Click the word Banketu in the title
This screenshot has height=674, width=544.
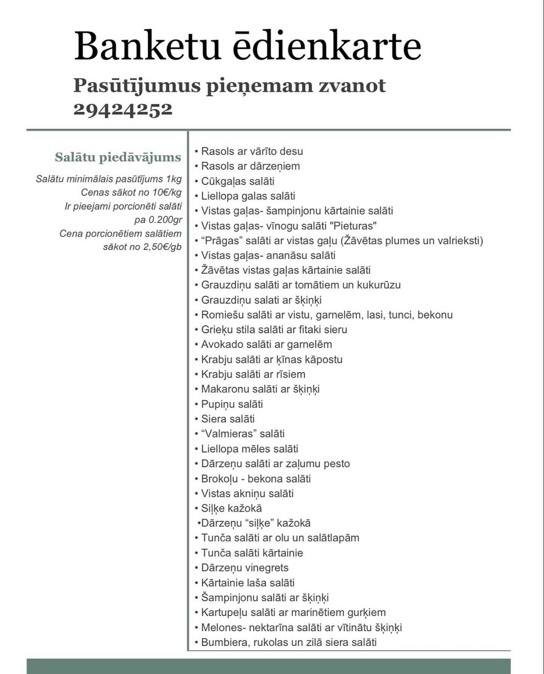click(147, 46)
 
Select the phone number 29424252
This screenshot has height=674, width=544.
click(123, 109)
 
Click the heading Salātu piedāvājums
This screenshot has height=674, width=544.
click(118, 157)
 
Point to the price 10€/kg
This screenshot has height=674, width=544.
click(167, 192)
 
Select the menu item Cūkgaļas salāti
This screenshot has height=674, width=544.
click(238, 181)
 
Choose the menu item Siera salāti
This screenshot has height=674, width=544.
click(228, 419)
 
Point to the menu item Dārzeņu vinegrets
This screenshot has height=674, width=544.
click(244, 567)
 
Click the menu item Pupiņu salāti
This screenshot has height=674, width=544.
click(232, 404)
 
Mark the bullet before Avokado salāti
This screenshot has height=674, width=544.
click(196, 345)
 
